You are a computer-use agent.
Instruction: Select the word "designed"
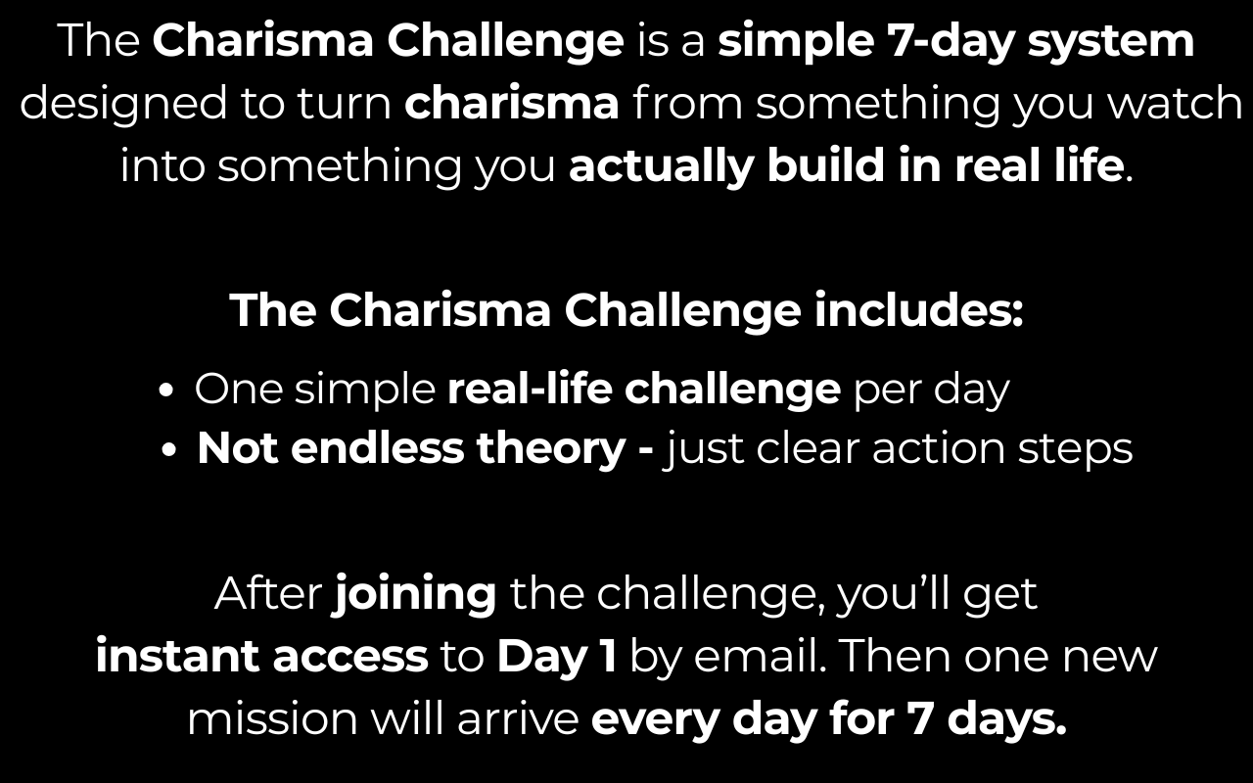coord(123,103)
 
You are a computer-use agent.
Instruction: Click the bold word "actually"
coord(661,166)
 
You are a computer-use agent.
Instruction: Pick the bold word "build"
coord(826,165)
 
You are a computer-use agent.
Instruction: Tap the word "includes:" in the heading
coord(918,310)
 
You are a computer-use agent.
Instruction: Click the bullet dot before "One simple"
coord(166,391)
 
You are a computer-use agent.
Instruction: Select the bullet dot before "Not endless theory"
coord(168,449)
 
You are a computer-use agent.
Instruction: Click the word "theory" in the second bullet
coord(550,449)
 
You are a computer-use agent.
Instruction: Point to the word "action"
coord(939,448)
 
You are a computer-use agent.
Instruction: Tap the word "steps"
coord(1075,450)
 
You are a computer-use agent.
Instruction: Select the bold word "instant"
coord(177,656)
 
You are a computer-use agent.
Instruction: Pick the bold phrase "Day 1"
coord(557,657)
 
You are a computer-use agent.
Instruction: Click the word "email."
coord(761,656)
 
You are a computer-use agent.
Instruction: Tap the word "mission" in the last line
coord(272,718)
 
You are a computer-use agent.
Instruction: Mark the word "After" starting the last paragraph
coord(268,593)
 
